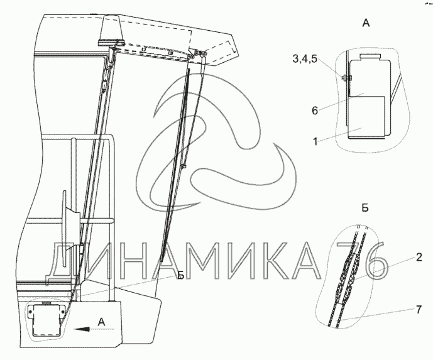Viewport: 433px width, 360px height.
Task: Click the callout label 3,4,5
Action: point(305,59)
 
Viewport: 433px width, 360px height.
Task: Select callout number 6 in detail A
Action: point(315,111)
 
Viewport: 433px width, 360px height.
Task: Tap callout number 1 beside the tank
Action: point(315,141)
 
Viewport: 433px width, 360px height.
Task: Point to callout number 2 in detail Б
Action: point(419,258)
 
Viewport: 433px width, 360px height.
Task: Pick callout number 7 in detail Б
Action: point(419,310)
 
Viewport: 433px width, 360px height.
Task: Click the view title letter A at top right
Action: point(366,23)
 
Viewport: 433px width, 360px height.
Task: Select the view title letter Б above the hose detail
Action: point(365,208)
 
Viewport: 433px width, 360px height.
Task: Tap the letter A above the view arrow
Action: point(102,322)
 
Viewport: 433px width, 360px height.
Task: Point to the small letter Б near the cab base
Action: point(180,275)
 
